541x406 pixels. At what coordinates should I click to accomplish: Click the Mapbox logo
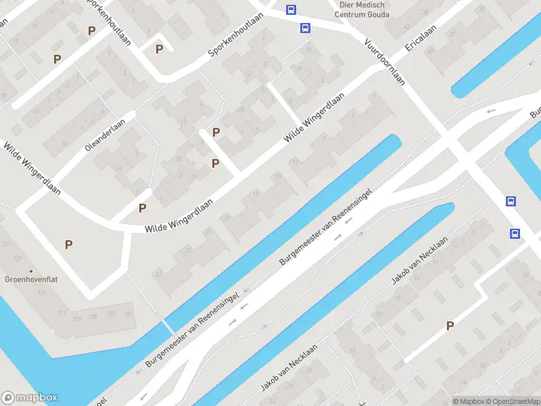click(30, 398)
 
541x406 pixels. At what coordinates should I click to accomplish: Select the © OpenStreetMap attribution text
click(512, 401)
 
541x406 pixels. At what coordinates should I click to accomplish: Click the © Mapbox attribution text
click(468, 401)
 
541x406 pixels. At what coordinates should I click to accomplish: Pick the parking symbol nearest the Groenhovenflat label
click(68, 244)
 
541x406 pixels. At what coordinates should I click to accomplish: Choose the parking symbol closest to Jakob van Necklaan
click(450, 326)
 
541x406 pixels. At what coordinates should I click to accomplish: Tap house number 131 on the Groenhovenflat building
click(7, 244)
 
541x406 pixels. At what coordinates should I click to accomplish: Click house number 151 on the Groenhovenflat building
click(128, 314)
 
